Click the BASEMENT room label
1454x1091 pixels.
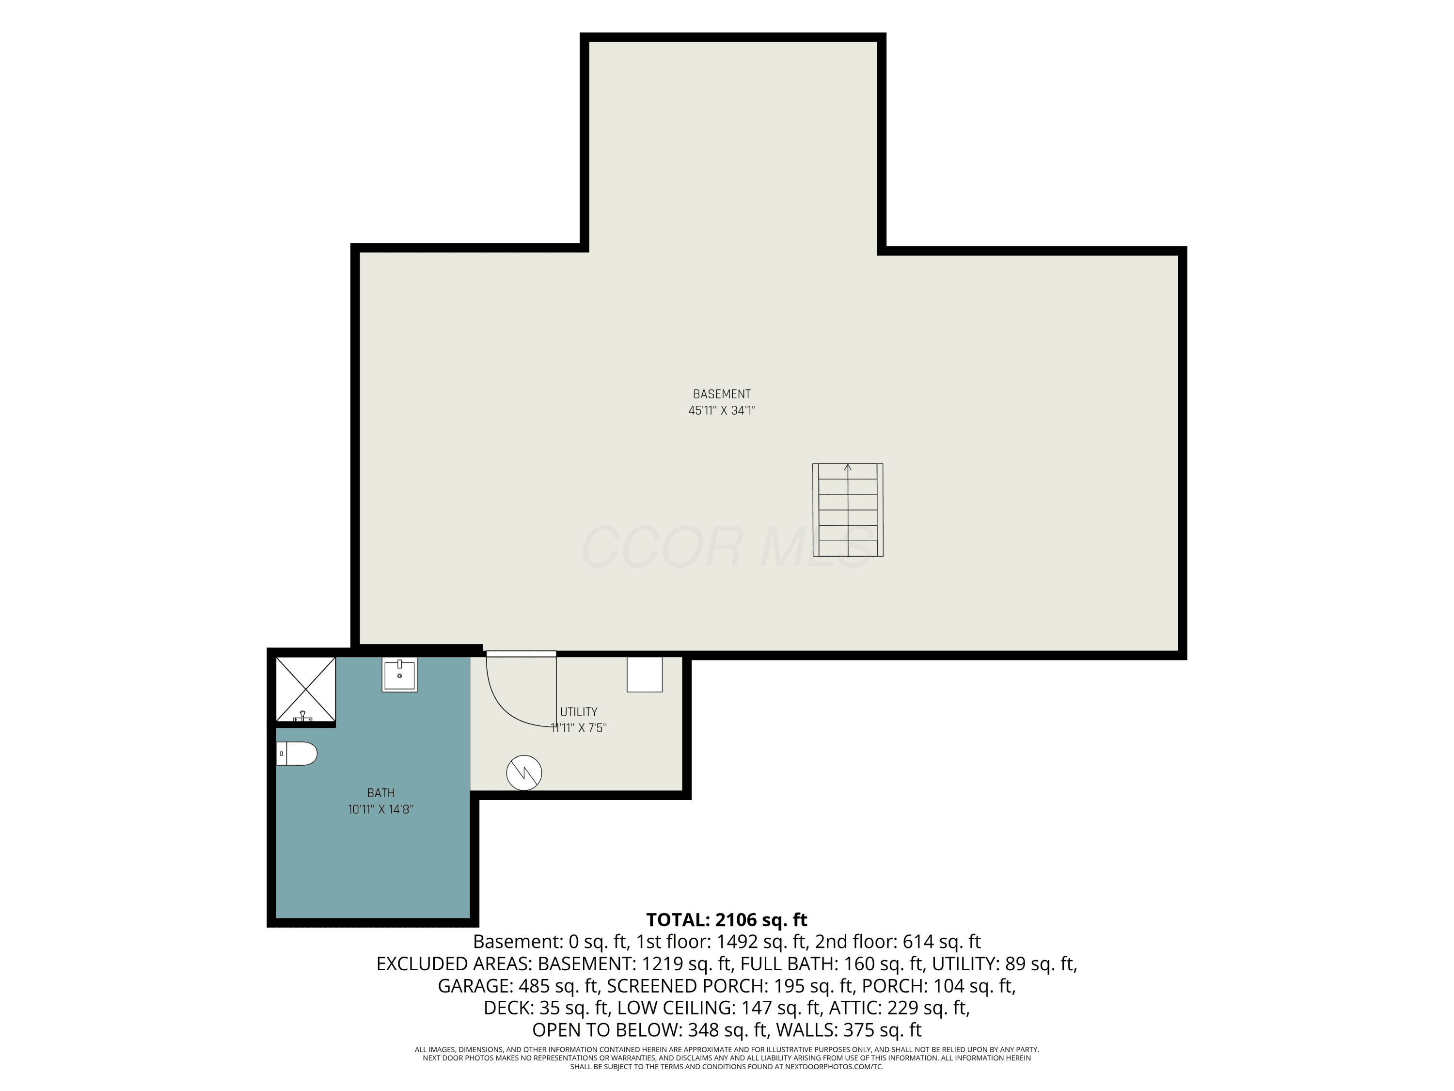pos(722,394)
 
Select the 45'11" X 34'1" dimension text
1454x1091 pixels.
pos(722,410)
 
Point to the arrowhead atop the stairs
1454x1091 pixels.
pos(848,467)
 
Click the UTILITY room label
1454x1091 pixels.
pos(578,711)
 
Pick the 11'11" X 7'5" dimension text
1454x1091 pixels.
pos(578,728)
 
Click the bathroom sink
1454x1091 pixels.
pos(400,675)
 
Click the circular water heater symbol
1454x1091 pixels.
pos(524,773)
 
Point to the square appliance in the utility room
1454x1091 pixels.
pos(644,674)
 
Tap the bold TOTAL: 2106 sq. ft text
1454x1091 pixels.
pos(727,920)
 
